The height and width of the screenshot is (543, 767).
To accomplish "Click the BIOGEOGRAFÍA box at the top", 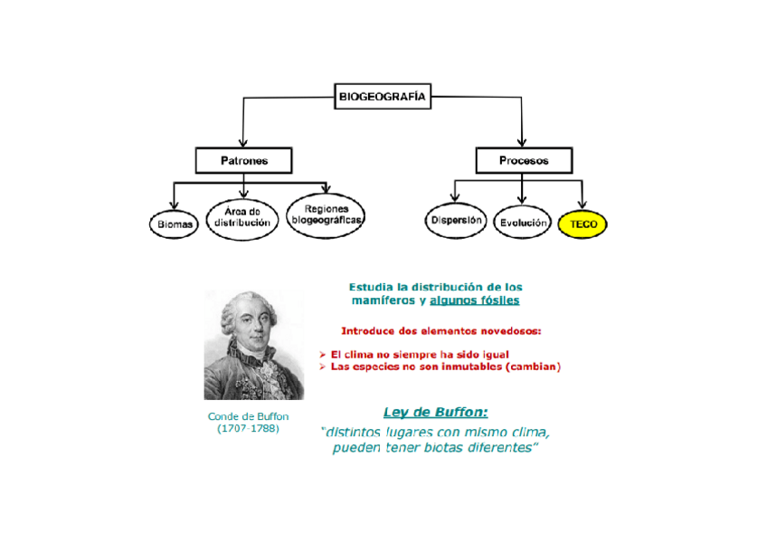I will tap(383, 95).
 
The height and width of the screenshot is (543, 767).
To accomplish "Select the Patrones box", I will tap(243, 161).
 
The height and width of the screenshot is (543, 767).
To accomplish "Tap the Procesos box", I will tap(524, 161).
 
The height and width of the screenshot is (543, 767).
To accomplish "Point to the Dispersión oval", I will tap(456, 220).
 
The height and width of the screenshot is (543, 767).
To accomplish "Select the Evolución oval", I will tap(523, 222).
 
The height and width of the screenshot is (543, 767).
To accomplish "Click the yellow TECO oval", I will tap(583, 224).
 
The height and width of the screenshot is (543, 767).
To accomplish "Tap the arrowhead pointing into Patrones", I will tap(243, 141).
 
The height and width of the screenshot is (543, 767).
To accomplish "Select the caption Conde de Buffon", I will tap(249, 416).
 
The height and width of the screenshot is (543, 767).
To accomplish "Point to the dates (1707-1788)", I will tap(249, 428).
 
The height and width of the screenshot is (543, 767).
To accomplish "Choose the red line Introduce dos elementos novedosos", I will tap(440, 330).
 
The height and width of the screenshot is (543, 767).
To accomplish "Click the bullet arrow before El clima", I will tap(323, 354).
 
